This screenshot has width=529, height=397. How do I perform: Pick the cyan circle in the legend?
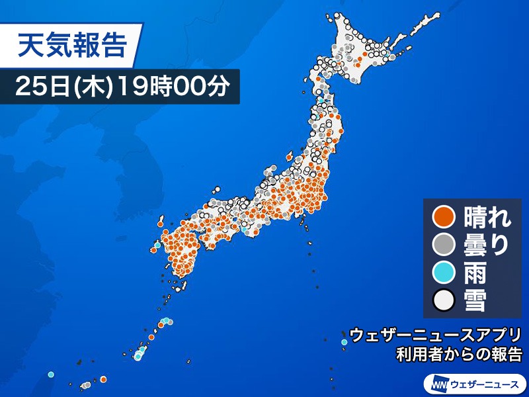(x=442, y=273)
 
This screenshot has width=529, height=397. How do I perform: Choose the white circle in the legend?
(x=442, y=301)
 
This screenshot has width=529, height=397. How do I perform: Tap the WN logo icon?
(x=440, y=383)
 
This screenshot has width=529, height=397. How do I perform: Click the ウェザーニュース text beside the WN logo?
(x=485, y=383)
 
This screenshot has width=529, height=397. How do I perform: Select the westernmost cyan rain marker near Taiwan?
(x=52, y=376)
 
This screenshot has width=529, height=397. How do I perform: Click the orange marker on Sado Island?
(x=288, y=157)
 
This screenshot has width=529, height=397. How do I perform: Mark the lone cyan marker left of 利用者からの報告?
(x=344, y=341)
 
